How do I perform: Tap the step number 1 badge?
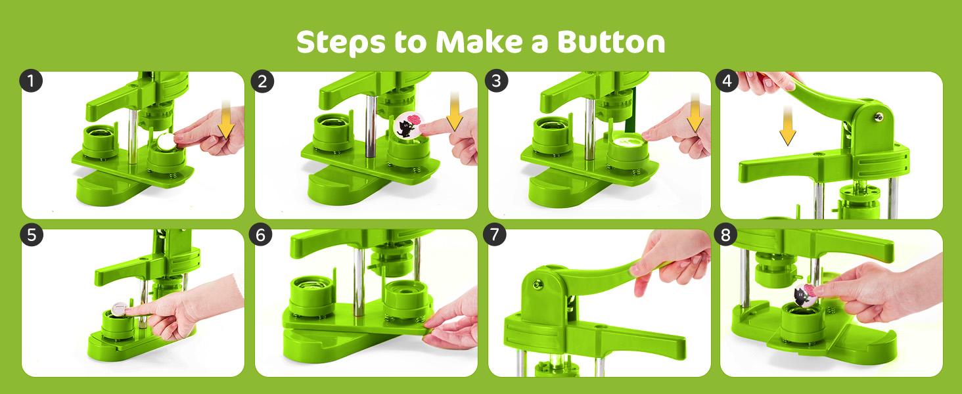31,81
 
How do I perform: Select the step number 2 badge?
263,81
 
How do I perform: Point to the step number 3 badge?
497,81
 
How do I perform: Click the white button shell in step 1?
166,140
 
